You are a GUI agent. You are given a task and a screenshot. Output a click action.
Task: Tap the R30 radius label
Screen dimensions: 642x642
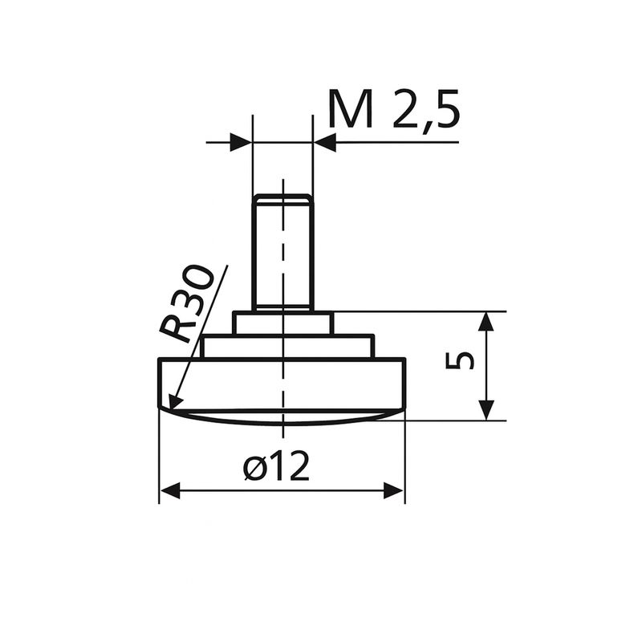186,304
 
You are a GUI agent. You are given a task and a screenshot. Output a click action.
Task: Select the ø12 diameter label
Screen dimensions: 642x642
275,465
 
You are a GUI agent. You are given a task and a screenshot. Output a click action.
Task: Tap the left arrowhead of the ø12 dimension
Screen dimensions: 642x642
169,490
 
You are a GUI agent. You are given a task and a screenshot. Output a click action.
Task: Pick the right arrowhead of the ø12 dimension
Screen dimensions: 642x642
394,490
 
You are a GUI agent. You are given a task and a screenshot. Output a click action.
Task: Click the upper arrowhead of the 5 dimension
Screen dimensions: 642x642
486,321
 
